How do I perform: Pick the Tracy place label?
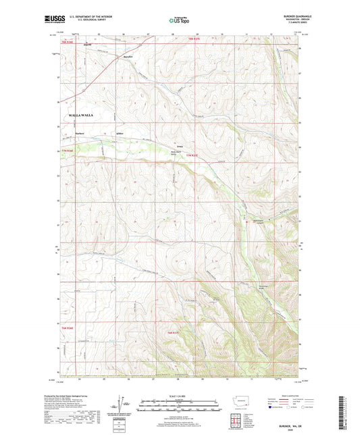coord(180,145)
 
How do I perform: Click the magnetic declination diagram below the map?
coord(124,408)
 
